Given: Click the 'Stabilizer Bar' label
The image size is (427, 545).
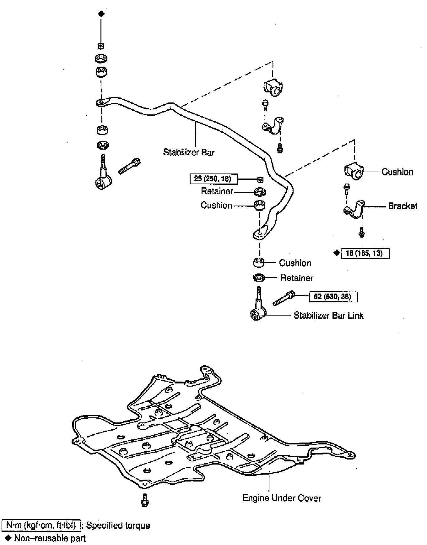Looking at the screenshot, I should click(189, 152).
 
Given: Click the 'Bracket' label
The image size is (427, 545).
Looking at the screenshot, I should click(403, 206).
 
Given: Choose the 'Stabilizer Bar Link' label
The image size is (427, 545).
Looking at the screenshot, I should click(328, 315).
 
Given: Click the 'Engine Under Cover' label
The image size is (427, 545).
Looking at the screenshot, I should click(282, 498).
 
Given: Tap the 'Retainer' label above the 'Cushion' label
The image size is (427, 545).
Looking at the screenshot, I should click(217, 191).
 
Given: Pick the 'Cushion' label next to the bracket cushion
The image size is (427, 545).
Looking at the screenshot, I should click(397, 172).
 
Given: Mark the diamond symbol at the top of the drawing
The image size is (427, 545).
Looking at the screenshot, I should click(101, 14).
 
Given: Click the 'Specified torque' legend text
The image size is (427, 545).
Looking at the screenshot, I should click(118, 526).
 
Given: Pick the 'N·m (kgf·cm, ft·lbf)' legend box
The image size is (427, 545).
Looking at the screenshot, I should click(41, 526).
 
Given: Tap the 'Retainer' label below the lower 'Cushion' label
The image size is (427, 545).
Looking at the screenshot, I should click(296, 278).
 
